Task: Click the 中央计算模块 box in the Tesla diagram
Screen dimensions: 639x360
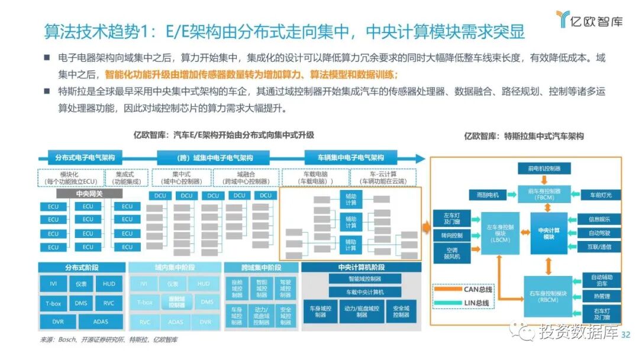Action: point(548,233)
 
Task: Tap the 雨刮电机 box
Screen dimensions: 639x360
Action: point(488,194)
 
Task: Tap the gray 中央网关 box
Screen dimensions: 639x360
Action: point(89,194)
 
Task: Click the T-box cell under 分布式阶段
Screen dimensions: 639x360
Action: point(53,303)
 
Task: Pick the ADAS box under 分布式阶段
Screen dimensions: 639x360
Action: point(101,322)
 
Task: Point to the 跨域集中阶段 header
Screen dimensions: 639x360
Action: point(260,268)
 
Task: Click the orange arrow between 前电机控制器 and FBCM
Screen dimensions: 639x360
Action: point(548,179)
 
